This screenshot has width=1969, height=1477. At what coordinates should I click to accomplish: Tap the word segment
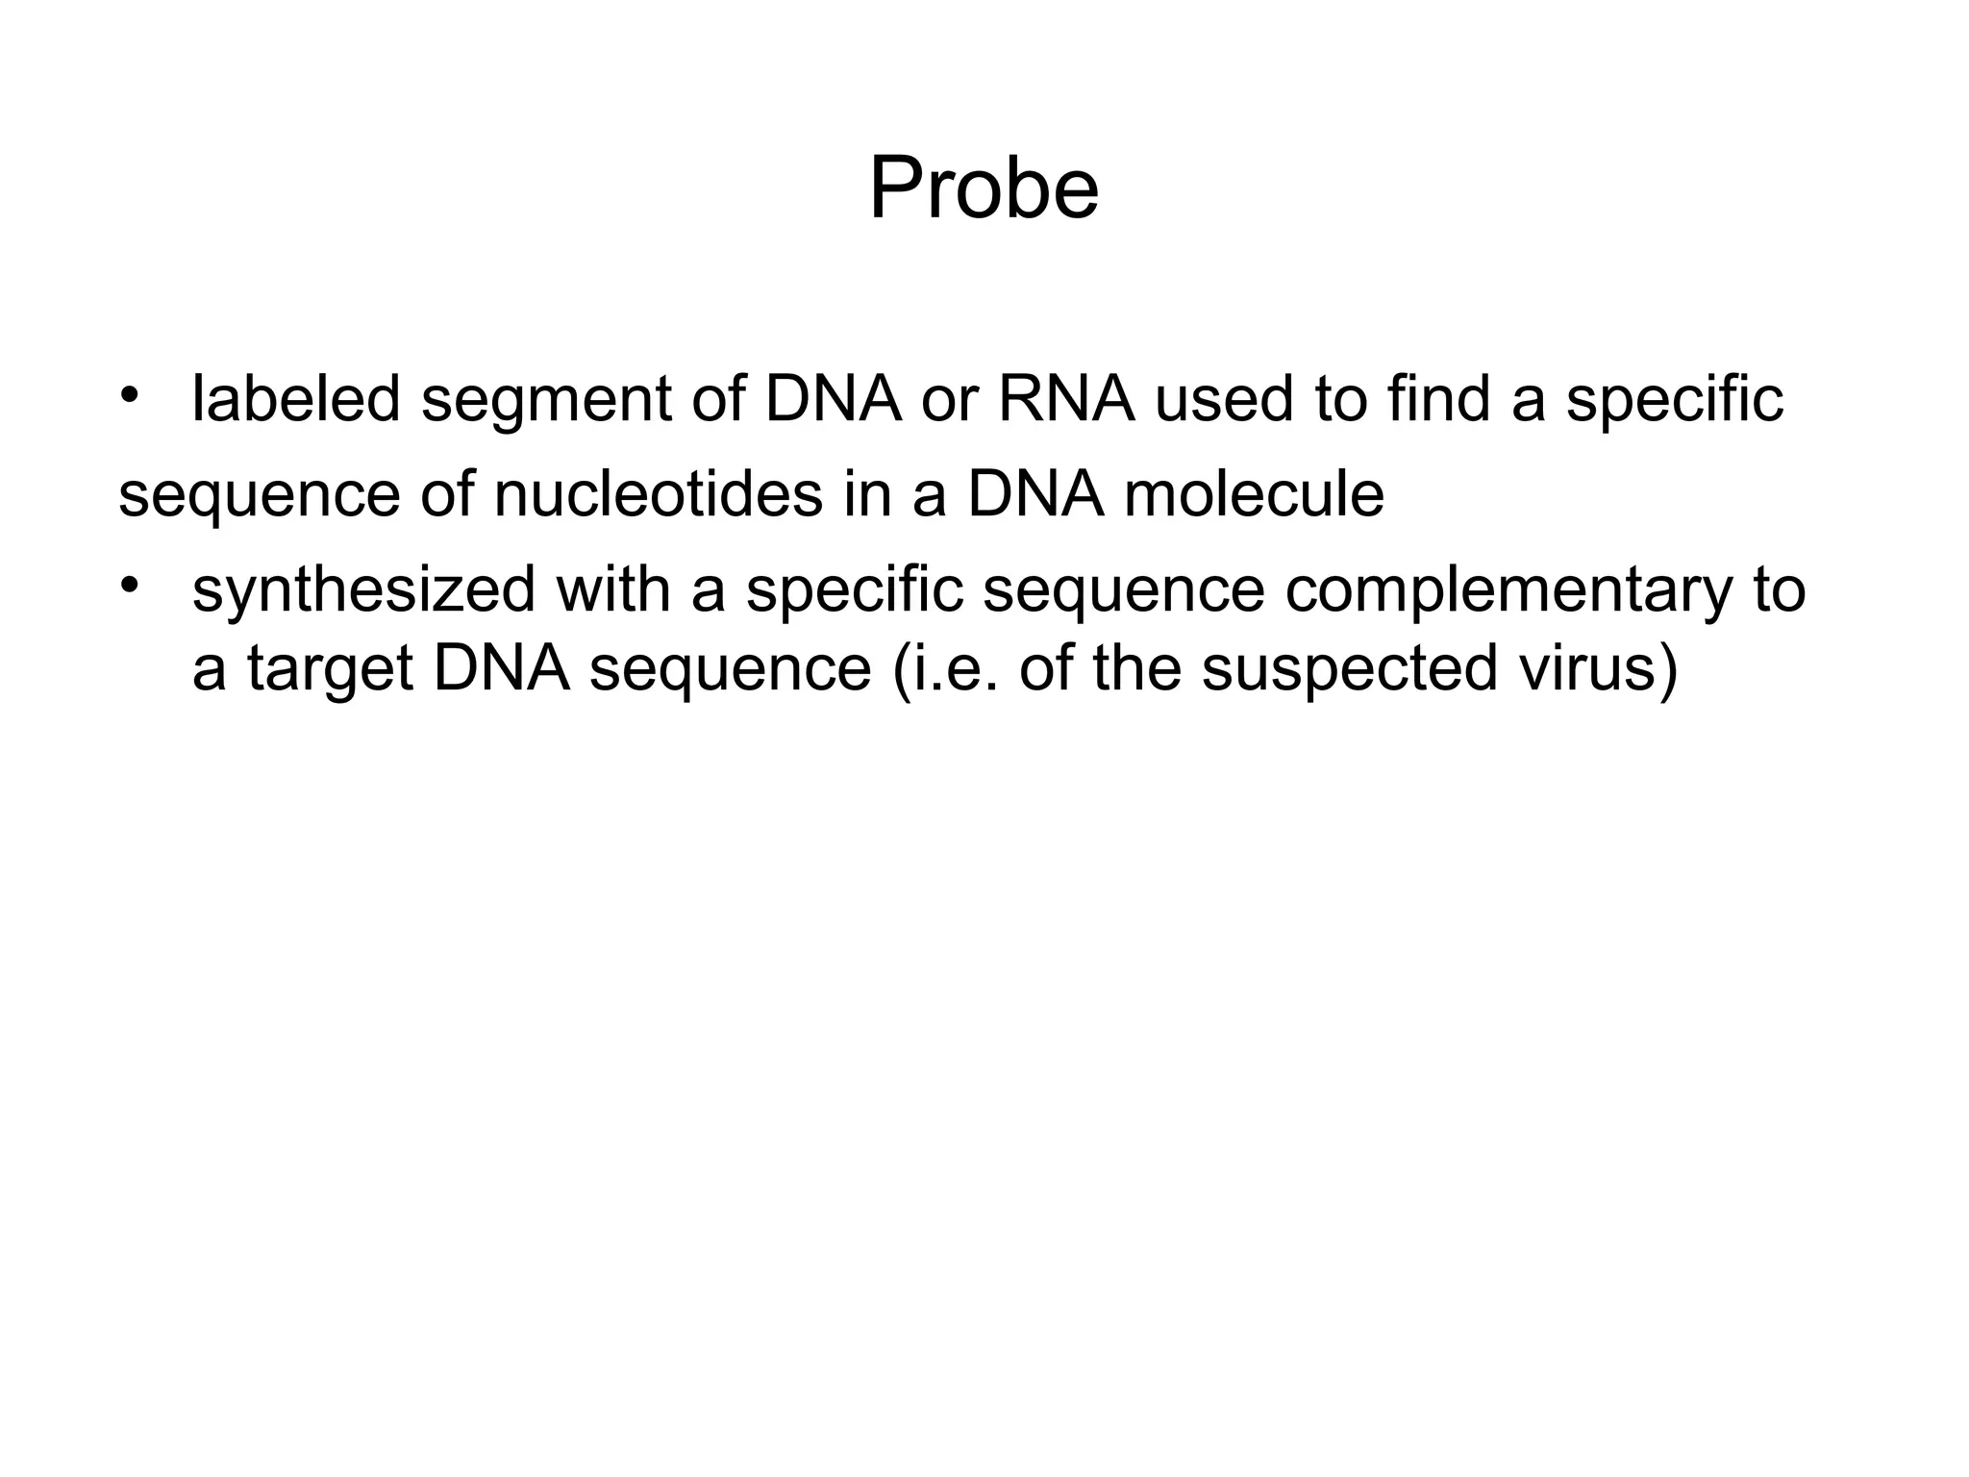545,400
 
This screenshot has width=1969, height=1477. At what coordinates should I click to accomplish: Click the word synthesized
363,590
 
